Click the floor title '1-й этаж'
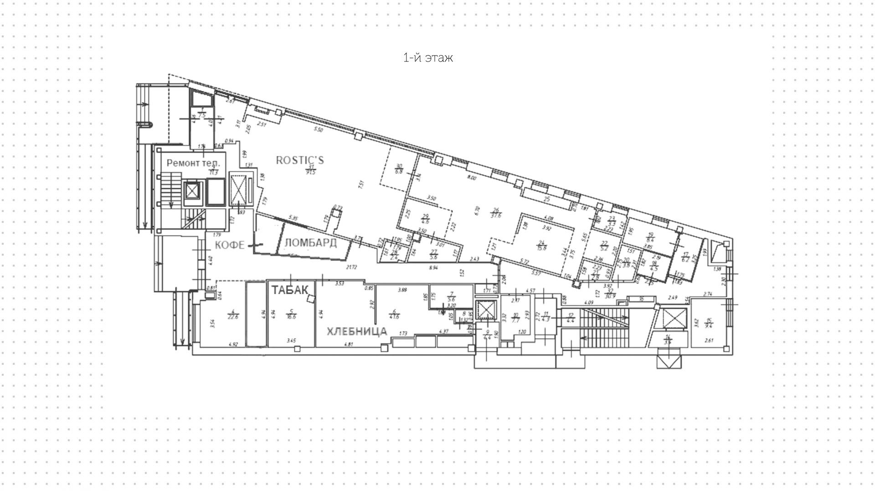(428, 58)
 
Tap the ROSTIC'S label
(300, 160)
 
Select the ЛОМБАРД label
(310, 243)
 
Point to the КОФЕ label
(230, 245)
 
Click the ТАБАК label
(290, 290)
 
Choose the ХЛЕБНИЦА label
(357, 331)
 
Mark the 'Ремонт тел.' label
(193, 163)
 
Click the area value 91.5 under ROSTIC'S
(311, 172)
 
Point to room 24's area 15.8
(542, 248)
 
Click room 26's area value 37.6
(496, 215)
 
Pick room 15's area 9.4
(709, 325)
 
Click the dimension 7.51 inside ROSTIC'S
(361, 184)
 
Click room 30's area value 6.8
(399, 171)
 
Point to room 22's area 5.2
(605, 249)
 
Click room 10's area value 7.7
(515, 320)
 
